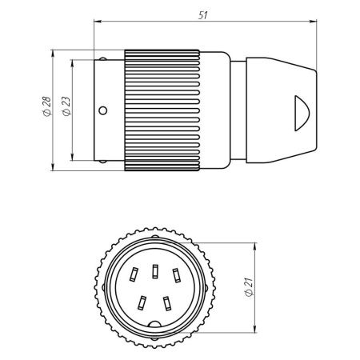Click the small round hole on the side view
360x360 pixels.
(102, 110)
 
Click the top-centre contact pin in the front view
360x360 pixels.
(153, 266)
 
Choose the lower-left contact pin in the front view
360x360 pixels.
(141, 303)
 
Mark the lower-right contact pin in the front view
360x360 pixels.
(166, 303)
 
